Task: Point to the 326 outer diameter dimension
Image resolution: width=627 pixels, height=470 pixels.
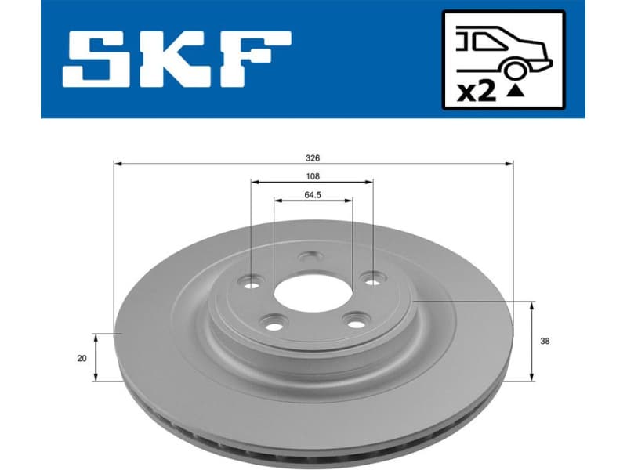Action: click(312, 157)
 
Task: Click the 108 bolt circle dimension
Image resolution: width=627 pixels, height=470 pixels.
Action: click(312, 177)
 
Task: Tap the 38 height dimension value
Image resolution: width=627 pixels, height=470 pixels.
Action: click(546, 341)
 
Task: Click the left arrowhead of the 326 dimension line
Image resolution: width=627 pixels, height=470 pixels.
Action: click(118, 164)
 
